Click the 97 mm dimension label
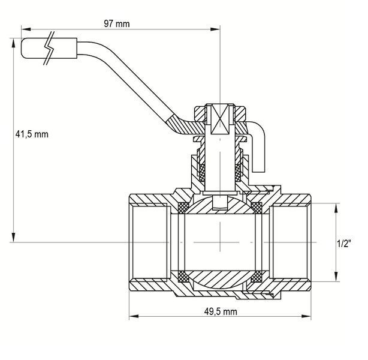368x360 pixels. coord(117,24)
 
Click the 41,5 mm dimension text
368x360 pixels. coord(32,134)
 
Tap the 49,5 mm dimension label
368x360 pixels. coord(221,311)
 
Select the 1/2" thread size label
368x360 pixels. coord(344,244)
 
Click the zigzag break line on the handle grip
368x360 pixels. coord(50,48)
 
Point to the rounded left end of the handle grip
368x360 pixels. coord(23,48)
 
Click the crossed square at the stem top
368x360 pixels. coord(220,119)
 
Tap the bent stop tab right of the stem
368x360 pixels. coord(258,146)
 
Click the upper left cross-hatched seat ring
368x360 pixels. coord(184,208)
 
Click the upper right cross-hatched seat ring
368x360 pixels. coord(257,208)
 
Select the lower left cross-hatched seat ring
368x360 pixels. coord(184,277)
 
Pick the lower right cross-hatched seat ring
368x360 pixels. coord(257,277)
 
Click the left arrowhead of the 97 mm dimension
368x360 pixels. coord(26,29)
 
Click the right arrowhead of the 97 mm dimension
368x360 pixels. coord(215,29)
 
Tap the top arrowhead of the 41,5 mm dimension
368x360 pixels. coord(14,43)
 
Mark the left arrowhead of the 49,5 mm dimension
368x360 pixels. coord(134,316)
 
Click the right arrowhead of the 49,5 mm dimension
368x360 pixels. coord(306,316)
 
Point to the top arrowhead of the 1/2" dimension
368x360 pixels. coord(336,208)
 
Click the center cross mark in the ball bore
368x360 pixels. coord(220,242)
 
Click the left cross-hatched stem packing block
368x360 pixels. coord(202,172)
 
